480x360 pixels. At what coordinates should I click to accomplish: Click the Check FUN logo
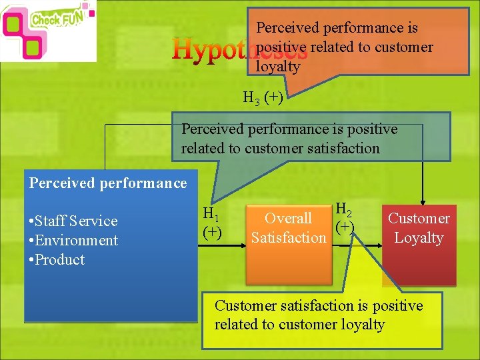pos(48,30)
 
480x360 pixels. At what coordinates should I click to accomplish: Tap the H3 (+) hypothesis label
pos(263,98)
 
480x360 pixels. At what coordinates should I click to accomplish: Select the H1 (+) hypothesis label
pos(213,223)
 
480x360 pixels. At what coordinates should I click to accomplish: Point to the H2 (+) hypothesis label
pos(344,218)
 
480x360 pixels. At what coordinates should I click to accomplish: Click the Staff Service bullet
pos(73,221)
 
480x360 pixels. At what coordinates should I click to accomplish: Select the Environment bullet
pos(73,241)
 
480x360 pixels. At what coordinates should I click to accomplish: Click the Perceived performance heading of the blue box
pos(107,183)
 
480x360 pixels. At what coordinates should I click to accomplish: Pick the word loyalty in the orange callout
pos(278,67)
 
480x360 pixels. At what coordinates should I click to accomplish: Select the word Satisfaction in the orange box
pos(289,238)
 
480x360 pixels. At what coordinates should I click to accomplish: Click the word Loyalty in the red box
pos(419,238)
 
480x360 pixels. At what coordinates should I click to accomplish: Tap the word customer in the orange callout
pos(404,47)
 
